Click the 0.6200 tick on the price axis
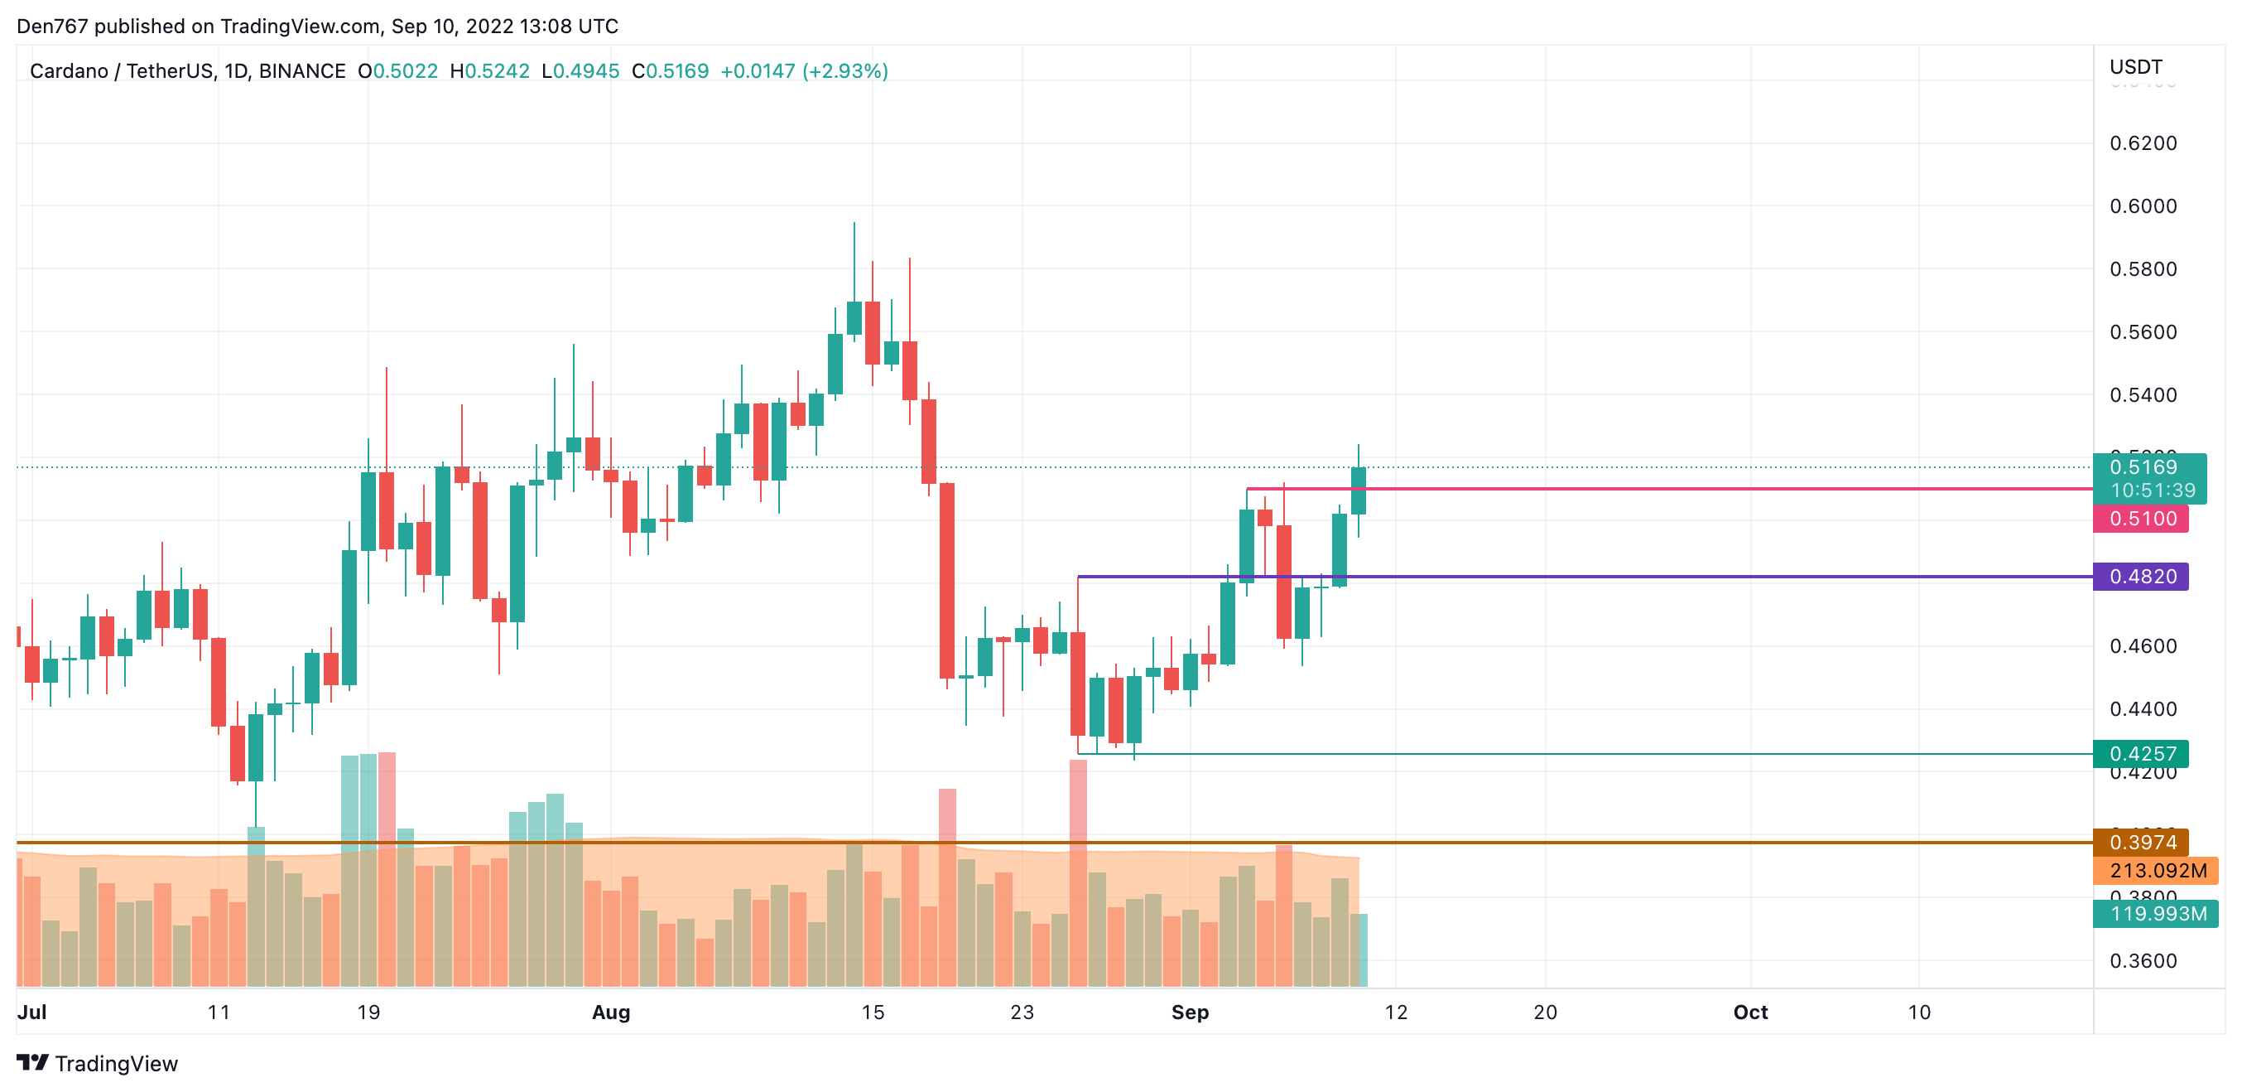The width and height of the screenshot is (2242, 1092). pos(2142,143)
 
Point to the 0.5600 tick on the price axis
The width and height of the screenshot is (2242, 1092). pos(2142,331)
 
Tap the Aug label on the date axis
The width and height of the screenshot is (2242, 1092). pos(610,1012)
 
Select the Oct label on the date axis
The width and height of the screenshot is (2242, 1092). pos(1749,1012)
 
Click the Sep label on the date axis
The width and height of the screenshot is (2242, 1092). pos(1189,1012)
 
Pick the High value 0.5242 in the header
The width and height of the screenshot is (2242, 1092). pos(496,71)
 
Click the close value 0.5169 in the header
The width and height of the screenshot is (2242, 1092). pos(677,71)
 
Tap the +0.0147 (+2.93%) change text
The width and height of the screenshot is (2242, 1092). pos(803,71)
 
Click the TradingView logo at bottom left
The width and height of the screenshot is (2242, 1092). pos(98,1063)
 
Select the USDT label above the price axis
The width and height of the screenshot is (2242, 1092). pos(2135,67)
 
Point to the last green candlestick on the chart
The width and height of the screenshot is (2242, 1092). pos(1358,490)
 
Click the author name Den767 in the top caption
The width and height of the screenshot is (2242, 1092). pos(52,27)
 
